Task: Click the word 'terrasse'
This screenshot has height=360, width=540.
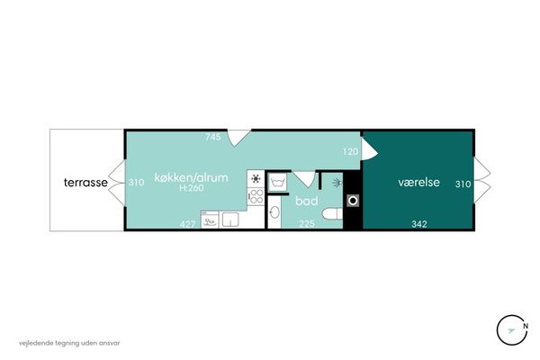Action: point(85,182)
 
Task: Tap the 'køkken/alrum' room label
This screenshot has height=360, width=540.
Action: point(191,178)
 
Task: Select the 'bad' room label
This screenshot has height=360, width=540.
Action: point(307,201)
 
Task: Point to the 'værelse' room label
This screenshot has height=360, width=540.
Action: point(418,182)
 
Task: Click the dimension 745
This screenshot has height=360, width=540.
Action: point(212,137)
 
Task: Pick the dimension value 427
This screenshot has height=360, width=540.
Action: point(188,224)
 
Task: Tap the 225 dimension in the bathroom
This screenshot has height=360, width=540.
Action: point(307,224)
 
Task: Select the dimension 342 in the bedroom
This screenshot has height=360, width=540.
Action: point(419,224)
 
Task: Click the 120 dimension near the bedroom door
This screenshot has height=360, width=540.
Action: point(351,151)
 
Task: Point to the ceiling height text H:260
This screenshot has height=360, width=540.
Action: point(192,188)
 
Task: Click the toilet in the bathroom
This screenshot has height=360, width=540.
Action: point(332,213)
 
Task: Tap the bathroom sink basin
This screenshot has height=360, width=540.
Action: point(274,212)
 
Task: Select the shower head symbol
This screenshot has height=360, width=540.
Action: point(337,183)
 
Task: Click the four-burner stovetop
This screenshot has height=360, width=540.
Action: point(256,196)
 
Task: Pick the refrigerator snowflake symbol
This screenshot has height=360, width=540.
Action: point(256,178)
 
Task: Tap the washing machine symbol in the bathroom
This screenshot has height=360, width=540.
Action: point(277,182)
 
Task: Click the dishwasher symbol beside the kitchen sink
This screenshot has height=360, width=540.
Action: point(210,220)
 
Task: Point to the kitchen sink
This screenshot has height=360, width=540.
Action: point(230,220)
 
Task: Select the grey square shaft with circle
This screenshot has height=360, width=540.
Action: point(353,201)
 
